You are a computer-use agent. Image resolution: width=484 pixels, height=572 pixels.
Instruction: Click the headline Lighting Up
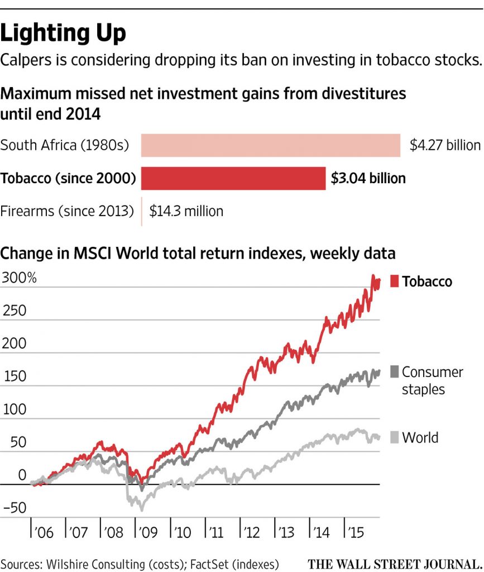[63, 34]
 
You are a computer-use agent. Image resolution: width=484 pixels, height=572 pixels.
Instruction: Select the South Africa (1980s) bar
[270, 145]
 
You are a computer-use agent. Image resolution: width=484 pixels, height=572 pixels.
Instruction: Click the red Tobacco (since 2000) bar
[233, 178]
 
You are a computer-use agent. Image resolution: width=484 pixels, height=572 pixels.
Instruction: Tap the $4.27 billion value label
[445, 145]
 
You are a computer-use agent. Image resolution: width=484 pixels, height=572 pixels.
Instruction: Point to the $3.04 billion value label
[368, 178]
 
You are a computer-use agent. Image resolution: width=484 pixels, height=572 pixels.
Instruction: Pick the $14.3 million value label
[186, 211]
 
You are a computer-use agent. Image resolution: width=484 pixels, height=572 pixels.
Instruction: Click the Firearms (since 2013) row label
[67, 211]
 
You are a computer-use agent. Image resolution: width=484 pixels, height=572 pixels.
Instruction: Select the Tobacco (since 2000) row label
[68, 178]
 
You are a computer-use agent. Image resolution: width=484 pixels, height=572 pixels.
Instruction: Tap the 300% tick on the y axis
[18, 277]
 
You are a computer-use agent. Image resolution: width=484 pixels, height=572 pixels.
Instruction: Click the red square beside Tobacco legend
[394, 282]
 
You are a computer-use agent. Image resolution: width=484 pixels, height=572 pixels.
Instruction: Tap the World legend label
[420, 437]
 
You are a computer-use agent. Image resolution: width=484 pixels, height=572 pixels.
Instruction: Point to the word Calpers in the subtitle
[27, 60]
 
